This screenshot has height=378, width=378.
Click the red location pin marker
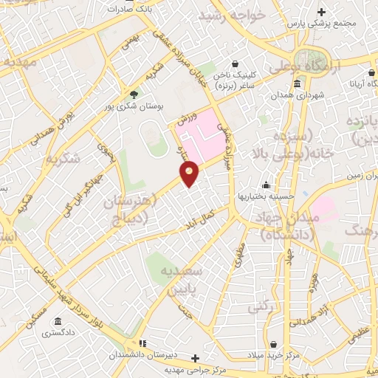(190, 173)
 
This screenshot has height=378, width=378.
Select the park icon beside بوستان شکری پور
(134, 94)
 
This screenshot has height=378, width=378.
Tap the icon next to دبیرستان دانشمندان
(142, 343)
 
